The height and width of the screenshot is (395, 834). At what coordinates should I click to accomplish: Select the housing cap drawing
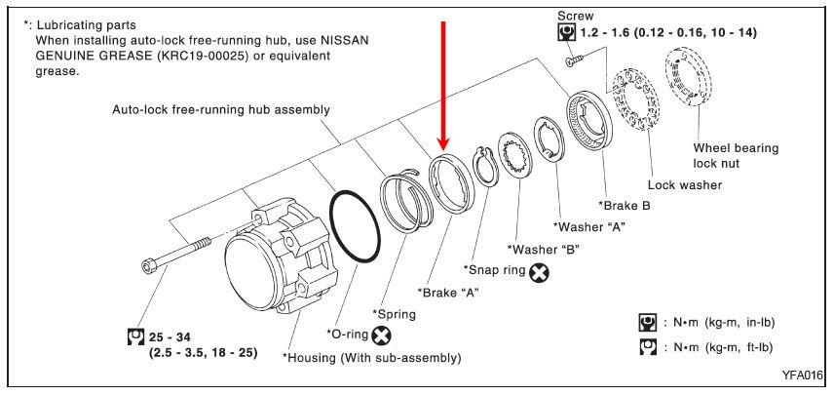[263, 258]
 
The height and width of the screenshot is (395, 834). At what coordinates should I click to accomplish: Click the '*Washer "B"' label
[545, 249]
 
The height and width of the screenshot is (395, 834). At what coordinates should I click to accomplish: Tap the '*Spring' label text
[394, 314]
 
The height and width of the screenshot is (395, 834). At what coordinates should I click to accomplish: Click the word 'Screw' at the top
[576, 17]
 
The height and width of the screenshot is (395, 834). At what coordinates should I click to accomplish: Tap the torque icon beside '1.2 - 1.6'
[563, 33]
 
